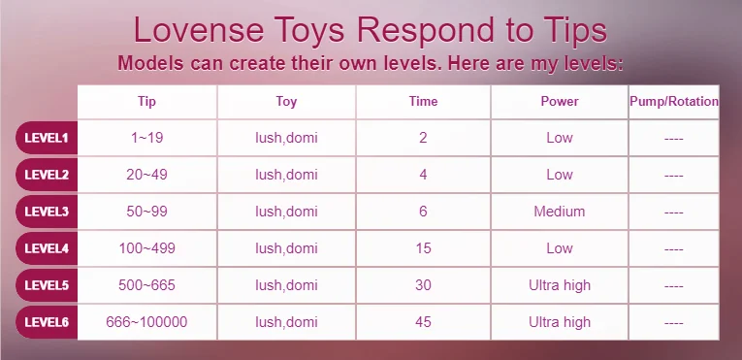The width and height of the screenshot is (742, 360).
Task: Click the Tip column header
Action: click(146, 101)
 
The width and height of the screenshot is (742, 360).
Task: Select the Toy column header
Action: click(286, 101)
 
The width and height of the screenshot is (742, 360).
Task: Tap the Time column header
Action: click(423, 101)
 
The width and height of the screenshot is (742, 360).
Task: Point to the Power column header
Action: click(560, 101)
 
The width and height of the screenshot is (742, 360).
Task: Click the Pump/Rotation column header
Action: click(674, 101)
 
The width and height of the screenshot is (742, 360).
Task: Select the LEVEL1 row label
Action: click(47, 138)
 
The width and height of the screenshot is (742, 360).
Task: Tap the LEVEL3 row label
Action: click(47, 212)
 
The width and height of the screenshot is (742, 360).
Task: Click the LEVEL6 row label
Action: click(47, 322)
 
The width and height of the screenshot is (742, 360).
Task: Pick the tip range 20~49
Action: click(146, 175)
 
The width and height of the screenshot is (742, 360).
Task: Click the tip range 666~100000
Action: click(146, 322)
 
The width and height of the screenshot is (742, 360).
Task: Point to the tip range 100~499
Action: click(146, 248)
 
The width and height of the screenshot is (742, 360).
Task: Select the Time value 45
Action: click(423, 322)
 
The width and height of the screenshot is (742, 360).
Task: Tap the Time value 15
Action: click(423, 248)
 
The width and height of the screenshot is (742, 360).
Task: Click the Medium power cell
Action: click(560, 212)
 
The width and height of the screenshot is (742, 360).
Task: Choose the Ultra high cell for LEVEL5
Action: click(560, 285)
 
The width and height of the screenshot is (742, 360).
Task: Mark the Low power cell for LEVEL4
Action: click(560, 248)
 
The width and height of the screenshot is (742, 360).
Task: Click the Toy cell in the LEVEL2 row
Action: click(286, 175)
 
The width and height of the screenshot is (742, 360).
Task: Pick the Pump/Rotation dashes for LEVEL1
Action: click(673, 139)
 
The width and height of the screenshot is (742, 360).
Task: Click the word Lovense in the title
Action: click(199, 30)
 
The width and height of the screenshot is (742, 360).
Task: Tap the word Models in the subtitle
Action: click(150, 63)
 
